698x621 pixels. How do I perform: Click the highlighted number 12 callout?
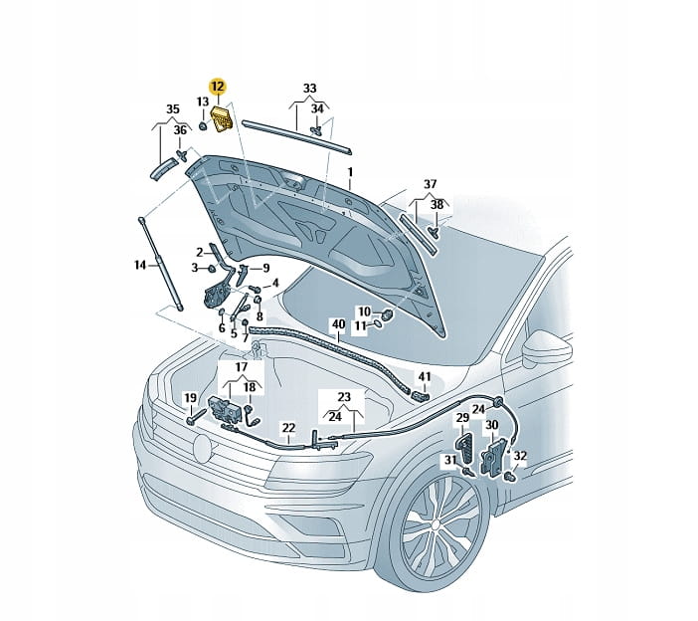click(218, 87)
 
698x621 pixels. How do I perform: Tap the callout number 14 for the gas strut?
click(140, 265)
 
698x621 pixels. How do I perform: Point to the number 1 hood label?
click(350, 172)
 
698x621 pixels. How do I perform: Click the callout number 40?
click(338, 323)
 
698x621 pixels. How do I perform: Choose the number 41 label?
click(425, 377)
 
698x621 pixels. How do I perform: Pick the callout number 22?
click(288, 428)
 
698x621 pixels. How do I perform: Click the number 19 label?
click(190, 397)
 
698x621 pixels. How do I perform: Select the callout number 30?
click(491, 425)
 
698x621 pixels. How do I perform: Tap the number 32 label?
click(520, 455)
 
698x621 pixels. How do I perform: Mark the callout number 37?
click(430, 183)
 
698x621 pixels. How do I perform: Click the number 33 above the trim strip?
click(309, 89)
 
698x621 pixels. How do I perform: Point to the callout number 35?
click(173, 109)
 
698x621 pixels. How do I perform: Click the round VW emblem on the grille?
click(202, 448)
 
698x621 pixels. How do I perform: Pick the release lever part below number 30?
click(493, 458)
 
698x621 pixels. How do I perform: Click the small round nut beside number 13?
click(202, 126)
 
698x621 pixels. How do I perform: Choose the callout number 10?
click(364, 311)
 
